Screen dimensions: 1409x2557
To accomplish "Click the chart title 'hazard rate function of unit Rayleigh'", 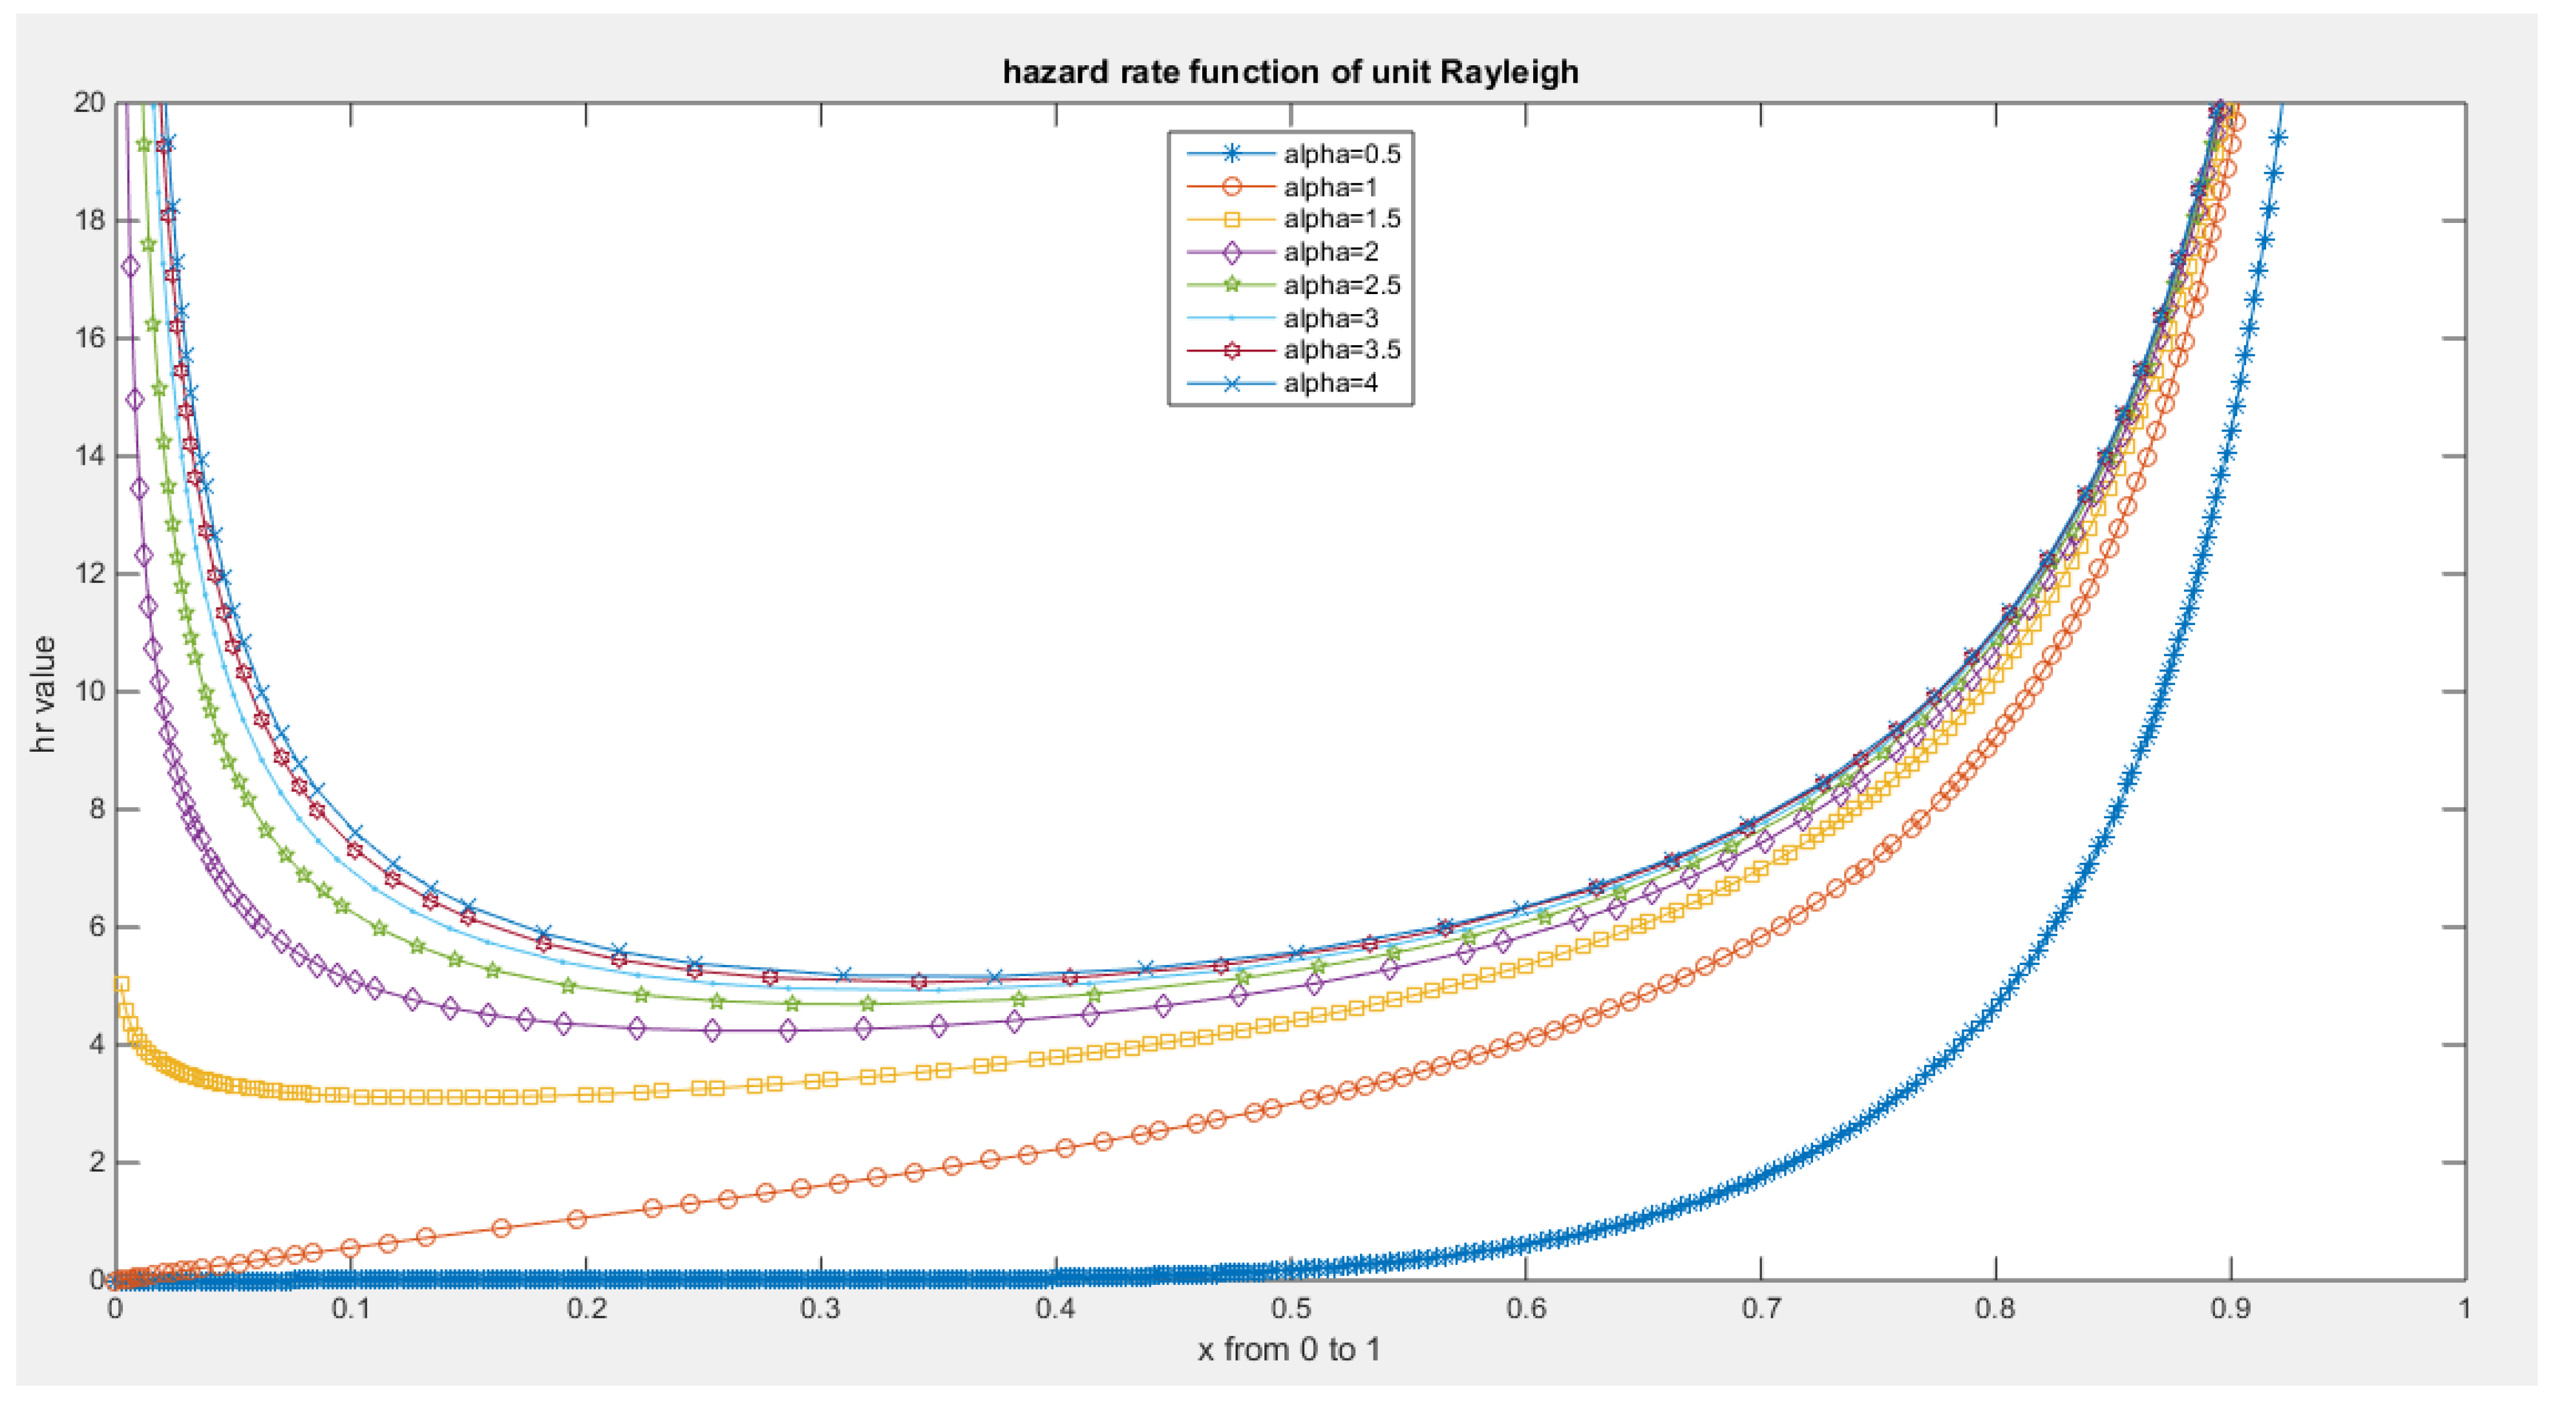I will click(x=1289, y=72).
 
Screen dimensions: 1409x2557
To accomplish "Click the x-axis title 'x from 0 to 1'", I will click(x=1288, y=1350).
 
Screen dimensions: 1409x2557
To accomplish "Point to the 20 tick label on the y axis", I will click(x=89, y=102).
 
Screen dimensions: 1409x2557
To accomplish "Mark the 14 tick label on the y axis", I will click(x=89, y=456).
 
